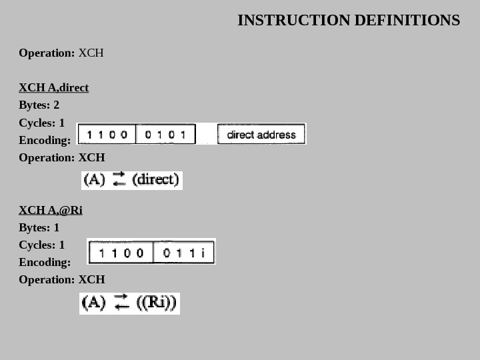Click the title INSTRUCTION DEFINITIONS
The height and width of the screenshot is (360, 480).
click(348, 21)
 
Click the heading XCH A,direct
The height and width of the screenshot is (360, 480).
click(53, 88)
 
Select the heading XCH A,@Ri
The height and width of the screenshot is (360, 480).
click(51, 211)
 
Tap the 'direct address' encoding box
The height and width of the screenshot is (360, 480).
click(261, 134)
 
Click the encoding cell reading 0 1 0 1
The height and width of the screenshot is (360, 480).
click(165, 134)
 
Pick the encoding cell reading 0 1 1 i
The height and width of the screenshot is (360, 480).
click(183, 253)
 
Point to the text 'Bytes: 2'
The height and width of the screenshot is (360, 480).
click(39, 105)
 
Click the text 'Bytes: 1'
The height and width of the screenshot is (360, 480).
click(39, 228)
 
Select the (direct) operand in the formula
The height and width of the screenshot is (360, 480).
click(156, 179)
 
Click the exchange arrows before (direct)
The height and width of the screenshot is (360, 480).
click(119, 179)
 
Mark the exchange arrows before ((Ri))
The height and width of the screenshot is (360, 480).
click(121, 303)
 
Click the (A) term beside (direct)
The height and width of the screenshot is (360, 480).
click(94, 179)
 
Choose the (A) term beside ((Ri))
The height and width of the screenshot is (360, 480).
click(93, 303)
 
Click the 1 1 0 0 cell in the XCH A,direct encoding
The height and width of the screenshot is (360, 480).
click(107, 134)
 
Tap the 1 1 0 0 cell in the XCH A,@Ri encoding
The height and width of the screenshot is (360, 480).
click(121, 253)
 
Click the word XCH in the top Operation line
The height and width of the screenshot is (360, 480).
click(91, 53)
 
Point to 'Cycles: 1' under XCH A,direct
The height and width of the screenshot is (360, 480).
click(41, 123)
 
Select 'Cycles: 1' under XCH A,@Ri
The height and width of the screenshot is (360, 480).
click(41, 245)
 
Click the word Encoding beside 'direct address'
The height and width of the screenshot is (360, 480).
click(44, 140)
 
